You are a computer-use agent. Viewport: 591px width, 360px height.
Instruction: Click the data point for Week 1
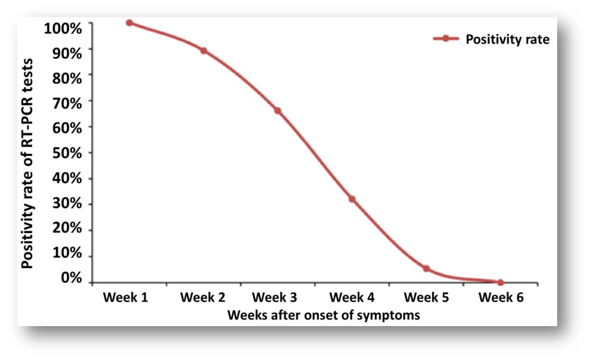[129, 23]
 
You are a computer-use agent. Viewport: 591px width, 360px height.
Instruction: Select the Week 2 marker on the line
[204, 50]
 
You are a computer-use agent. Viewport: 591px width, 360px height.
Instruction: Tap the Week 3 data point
[278, 111]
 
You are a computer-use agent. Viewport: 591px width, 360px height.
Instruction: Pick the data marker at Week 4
[352, 199]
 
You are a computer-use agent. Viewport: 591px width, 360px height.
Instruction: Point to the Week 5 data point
[426, 269]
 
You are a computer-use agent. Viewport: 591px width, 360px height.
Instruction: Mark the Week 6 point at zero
[501, 282]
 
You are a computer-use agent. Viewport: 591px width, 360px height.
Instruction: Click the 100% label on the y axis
[63, 28]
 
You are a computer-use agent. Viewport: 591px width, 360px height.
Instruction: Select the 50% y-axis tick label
[67, 153]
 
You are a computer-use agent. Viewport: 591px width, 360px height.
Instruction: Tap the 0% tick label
[71, 278]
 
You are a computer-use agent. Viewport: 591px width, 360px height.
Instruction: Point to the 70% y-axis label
[67, 103]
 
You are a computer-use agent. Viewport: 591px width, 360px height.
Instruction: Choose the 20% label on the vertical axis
[67, 228]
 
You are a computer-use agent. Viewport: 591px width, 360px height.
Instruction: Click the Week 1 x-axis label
[125, 298]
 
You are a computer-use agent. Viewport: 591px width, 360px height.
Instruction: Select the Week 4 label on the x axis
[352, 298]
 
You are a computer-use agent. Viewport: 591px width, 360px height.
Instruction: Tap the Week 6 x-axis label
[501, 298]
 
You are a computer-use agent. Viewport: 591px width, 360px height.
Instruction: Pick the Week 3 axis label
[275, 298]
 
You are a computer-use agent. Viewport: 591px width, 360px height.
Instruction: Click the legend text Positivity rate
[507, 39]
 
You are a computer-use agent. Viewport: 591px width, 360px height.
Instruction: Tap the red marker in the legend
[446, 39]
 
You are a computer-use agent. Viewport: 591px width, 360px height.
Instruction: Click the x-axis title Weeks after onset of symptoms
[323, 315]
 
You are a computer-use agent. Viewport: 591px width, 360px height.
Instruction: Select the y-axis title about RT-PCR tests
[27, 164]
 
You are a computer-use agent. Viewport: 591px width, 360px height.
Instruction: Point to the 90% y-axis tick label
[67, 53]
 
